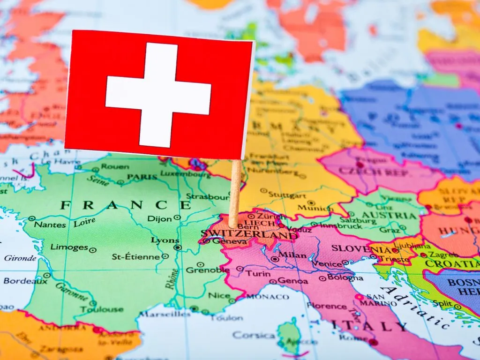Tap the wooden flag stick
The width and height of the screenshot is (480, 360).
coord(235,192)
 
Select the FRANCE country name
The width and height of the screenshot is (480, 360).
coord(125,205)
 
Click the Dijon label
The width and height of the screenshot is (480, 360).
coord(160,218)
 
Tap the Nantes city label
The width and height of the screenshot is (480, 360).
coord(50,225)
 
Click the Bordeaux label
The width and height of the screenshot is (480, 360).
coord(25,281)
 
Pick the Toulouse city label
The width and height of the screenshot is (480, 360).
coord(101,309)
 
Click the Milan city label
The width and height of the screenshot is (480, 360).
coord(292,255)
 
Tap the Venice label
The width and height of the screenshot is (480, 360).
coord(327,263)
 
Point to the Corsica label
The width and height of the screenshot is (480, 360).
coord(254,335)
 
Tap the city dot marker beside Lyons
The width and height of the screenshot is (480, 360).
coord(177,247)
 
